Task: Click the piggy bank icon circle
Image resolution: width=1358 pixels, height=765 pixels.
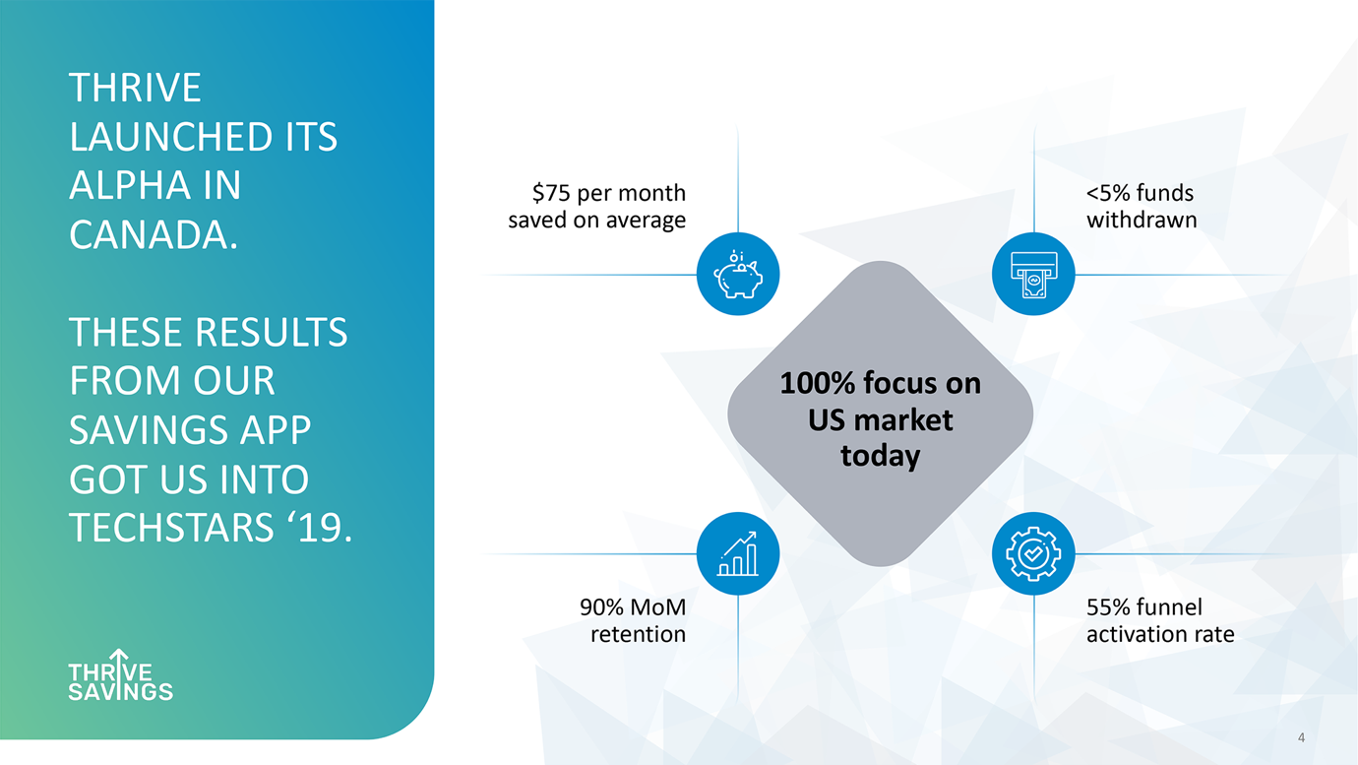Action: coord(738,275)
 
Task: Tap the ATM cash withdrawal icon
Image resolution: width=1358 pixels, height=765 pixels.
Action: coord(1033,275)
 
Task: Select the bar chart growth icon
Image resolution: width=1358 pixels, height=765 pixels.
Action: coord(738,553)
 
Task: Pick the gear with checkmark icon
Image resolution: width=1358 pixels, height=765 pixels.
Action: coord(1033,553)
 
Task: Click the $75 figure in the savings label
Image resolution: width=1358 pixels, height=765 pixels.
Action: coord(552,193)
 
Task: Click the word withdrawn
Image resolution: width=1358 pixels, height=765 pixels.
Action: coord(1142,220)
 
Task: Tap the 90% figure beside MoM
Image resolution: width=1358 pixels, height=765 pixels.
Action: coord(601,607)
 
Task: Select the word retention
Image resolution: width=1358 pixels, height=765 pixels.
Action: coord(639,635)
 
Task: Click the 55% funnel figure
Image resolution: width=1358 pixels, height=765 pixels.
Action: coord(1108,607)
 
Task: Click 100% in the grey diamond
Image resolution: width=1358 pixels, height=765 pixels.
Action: coord(817,383)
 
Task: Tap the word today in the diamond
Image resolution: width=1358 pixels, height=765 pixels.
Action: coord(881,456)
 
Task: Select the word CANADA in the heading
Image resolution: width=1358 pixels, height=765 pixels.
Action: coord(154,234)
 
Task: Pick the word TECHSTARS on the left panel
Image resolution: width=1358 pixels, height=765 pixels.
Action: coord(171,527)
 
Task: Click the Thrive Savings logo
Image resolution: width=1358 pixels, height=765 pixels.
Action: coord(121,674)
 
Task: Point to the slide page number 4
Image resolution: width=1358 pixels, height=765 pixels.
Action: coord(1301,737)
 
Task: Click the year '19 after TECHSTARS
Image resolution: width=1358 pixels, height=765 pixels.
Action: coord(319,527)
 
